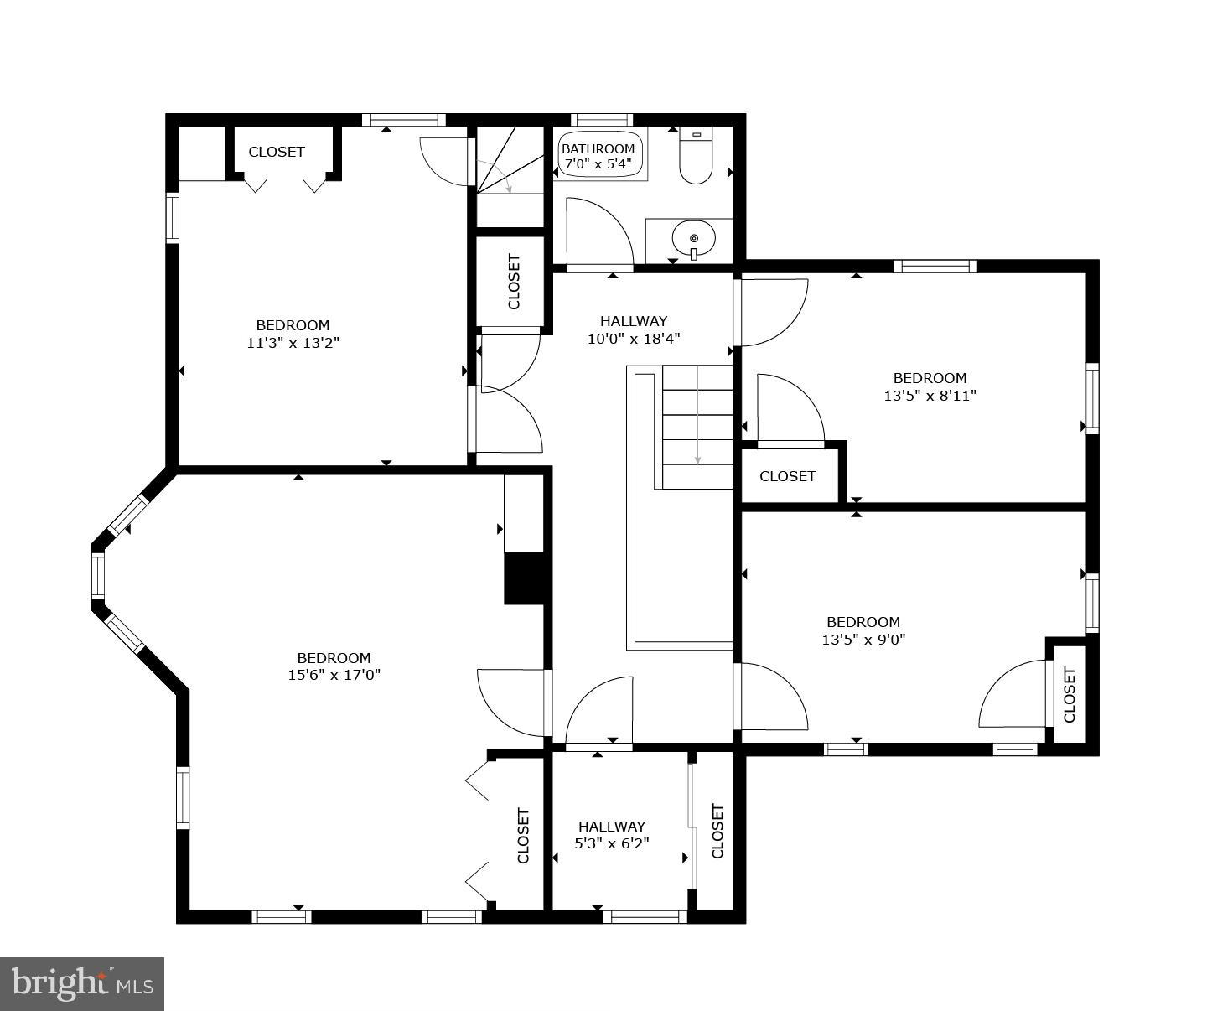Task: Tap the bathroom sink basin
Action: coord(693,238)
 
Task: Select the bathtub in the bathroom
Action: coord(599,154)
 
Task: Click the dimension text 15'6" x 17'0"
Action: coord(334,675)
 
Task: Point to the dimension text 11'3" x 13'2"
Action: coord(293,342)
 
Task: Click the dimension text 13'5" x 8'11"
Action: coord(930,395)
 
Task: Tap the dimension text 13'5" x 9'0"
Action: coord(863,639)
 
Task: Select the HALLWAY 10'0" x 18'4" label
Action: coord(634,329)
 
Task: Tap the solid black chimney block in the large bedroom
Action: coord(525,578)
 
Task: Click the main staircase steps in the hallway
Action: coord(697,427)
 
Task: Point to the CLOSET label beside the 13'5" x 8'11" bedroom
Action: coord(787,476)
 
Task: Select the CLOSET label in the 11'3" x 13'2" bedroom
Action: coord(277,152)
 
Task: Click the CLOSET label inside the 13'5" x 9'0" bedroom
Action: coord(1070,694)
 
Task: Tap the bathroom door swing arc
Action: coord(599,232)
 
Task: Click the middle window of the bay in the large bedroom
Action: coord(98,574)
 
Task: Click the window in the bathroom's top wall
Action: coord(601,120)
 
